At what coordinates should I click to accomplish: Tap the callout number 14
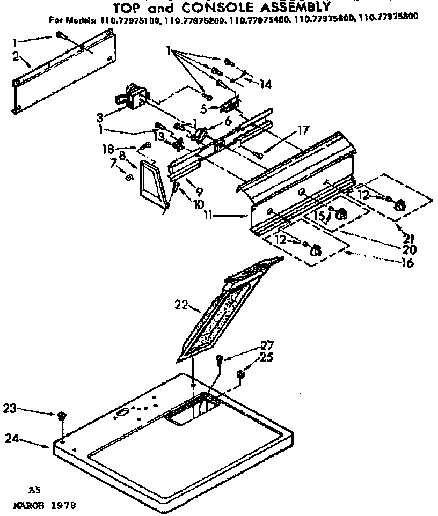pyautogui.click(x=265, y=84)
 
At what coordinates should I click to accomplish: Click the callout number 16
pyautogui.click(x=407, y=263)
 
